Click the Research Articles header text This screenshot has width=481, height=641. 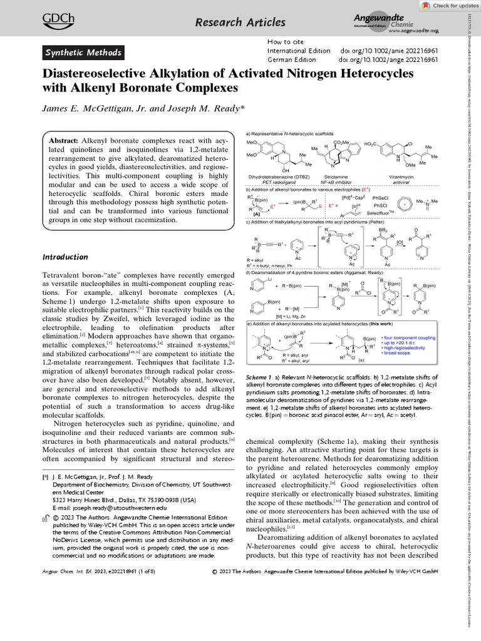click(x=231, y=23)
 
